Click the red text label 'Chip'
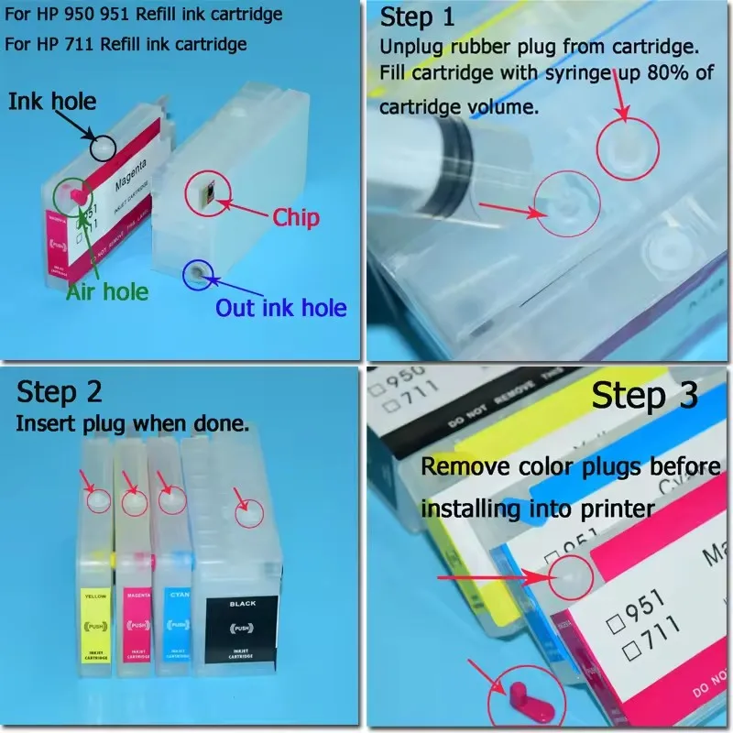click(295, 217)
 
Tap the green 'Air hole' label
click(106, 291)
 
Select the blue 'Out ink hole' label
click(281, 307)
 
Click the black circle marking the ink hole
click(103, 144)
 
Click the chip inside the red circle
click(203, 191)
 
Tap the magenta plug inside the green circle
click(75, 193)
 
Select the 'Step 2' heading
click(60, 392)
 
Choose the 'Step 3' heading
click(644, 396)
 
